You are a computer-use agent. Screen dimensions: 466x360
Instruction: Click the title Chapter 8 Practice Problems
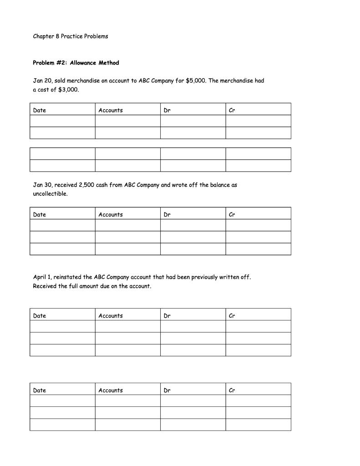coord(71,36)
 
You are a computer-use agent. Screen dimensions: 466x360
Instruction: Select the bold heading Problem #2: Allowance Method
coord(76,63)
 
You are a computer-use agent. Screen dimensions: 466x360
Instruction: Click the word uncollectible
coord(50,194)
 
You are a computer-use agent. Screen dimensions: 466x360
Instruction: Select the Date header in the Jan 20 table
coord(40,110)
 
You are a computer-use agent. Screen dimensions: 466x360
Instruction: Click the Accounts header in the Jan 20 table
coord(111,110)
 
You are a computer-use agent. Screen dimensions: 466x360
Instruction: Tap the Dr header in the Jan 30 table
coord(167,214)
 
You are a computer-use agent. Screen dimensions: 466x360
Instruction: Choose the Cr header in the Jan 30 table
coord(232,214)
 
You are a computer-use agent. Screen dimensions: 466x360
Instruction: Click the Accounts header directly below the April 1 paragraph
coord(111,315)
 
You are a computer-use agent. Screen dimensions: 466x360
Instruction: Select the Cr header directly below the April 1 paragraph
coord(232,315)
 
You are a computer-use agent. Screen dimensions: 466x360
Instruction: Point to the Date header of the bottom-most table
coord(40,390)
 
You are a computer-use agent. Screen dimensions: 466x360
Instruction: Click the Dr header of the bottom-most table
coord(167,390)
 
